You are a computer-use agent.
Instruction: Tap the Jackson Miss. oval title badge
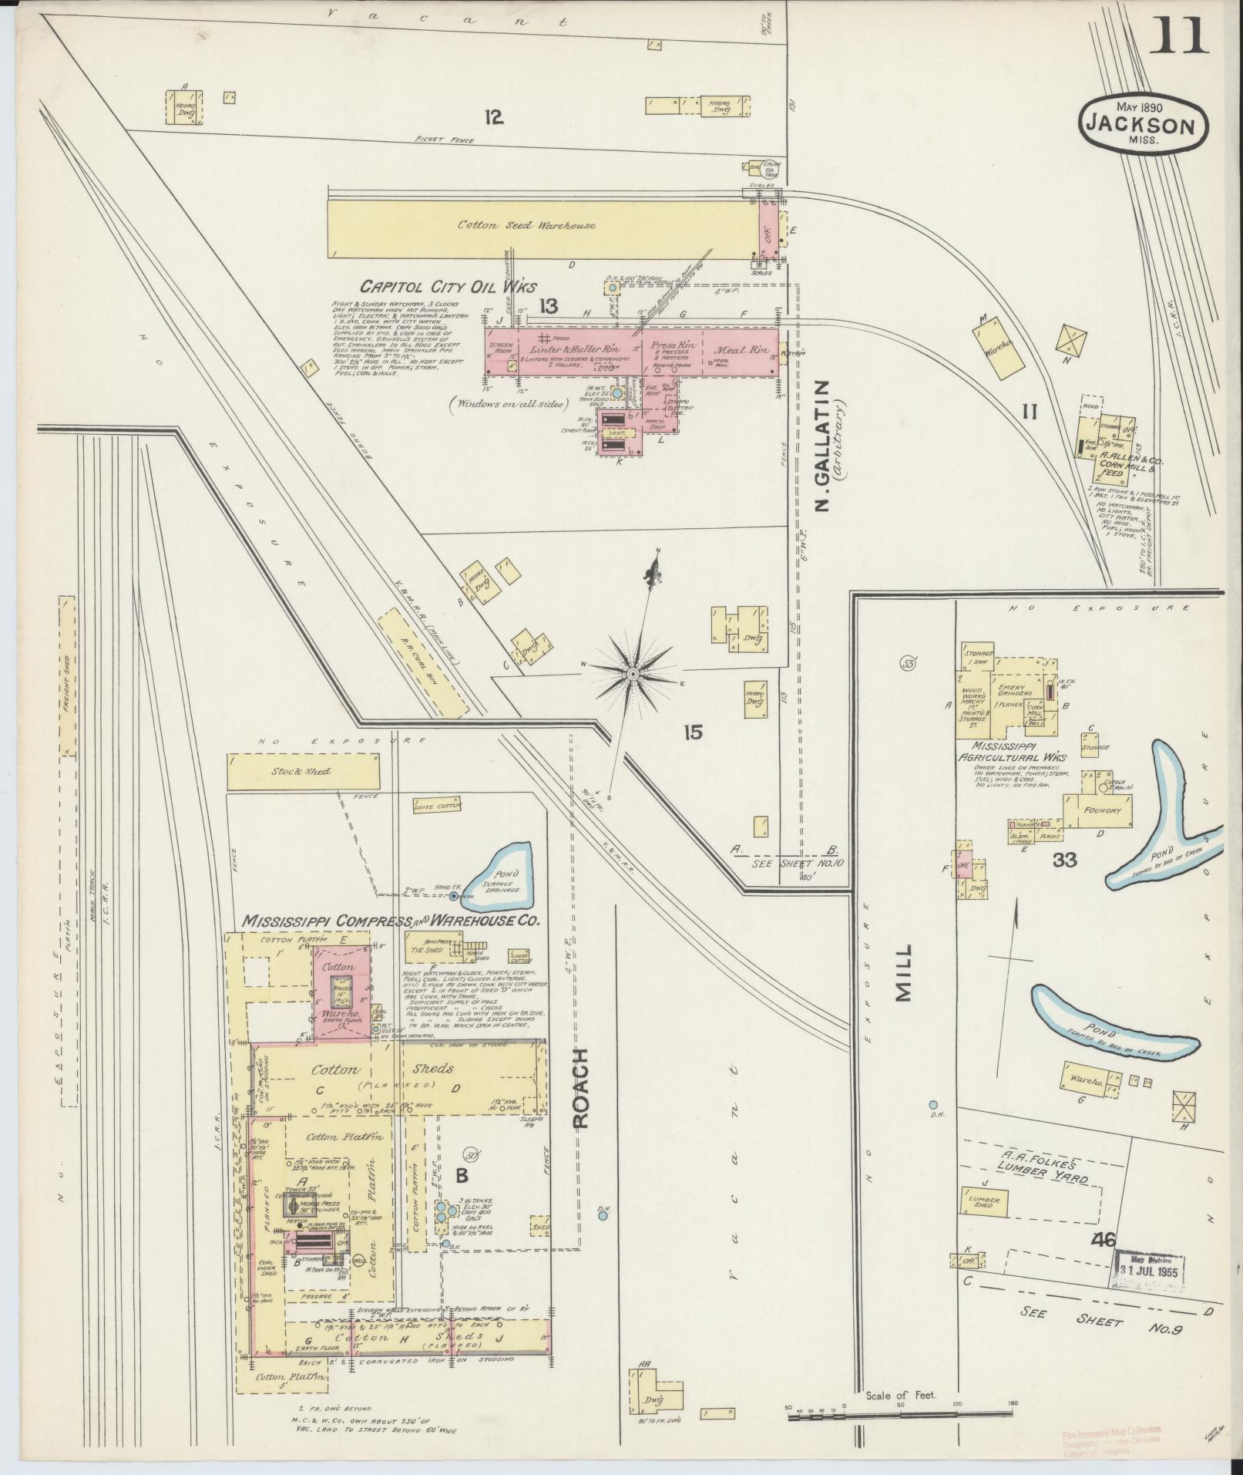1143,123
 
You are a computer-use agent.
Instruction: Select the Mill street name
903,973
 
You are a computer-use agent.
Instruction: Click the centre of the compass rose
632,674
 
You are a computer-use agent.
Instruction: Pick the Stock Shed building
305,771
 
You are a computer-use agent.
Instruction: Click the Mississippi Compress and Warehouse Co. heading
391,921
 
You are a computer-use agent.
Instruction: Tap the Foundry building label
1100,810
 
